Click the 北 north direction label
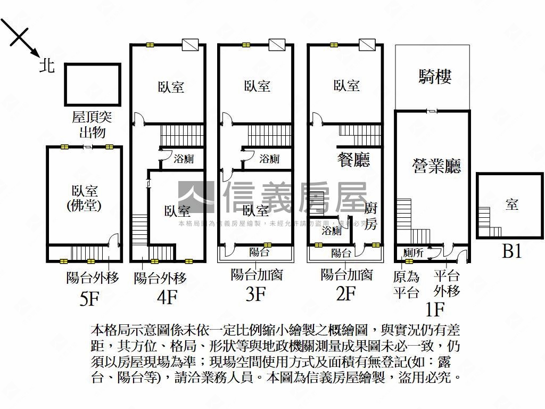[47, 66]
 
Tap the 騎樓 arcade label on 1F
[435, 77]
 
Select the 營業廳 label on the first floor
[436, 167]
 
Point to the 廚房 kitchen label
[371, 215]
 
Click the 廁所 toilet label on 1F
[413, 253]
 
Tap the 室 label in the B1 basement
[512, 204]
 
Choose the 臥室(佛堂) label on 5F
[85, 198]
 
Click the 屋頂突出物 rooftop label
[92, 125]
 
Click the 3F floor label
[256, 293]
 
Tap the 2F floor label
[345, 293]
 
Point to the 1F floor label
[435, 308]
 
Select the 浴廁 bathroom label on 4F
[183, 159]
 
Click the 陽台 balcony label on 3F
[259, 252]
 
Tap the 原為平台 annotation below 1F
[406, 284]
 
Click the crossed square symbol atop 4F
[190, 44]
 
